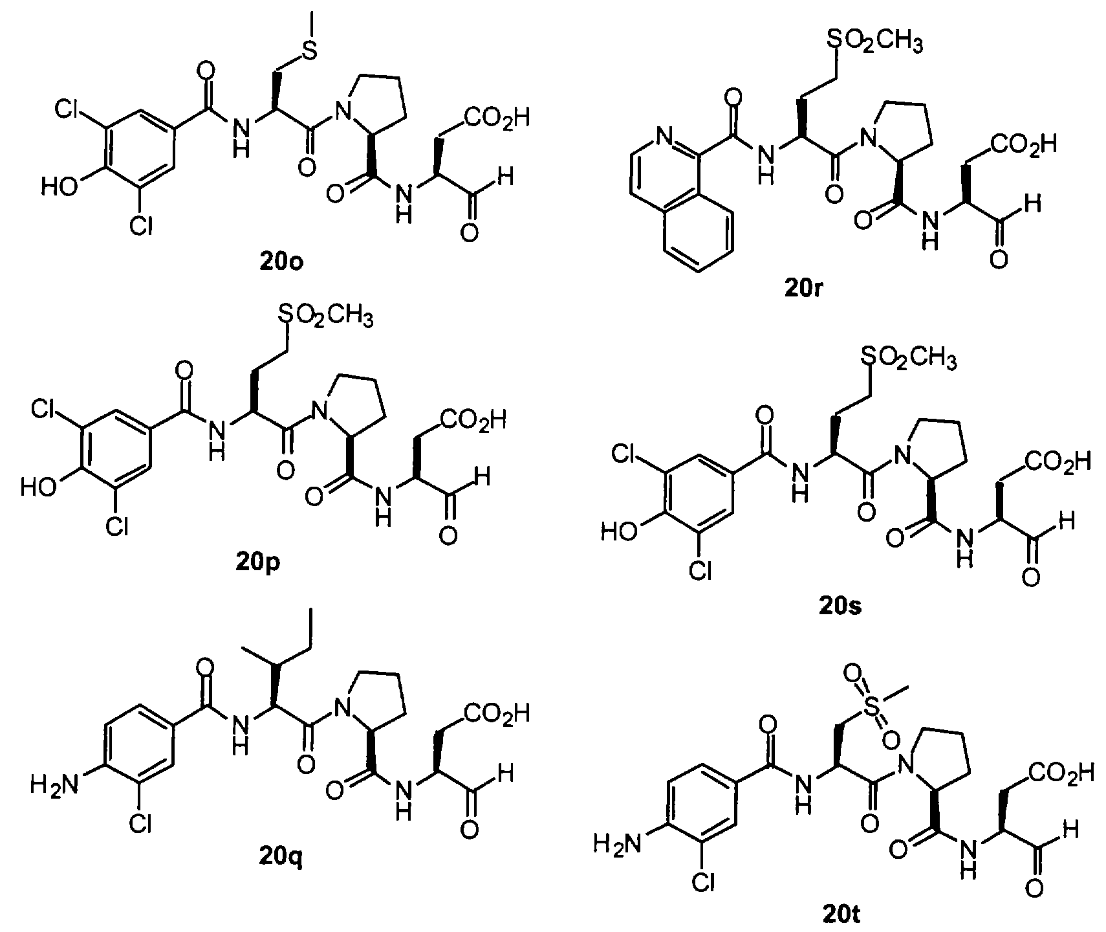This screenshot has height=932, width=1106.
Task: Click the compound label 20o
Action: [x=279, y=263]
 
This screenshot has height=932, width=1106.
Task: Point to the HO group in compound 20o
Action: [x=60, y=188]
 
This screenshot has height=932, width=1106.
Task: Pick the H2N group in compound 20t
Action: [x=619, y=845]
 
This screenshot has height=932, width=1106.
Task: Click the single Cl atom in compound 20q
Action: [x=140, y=824]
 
